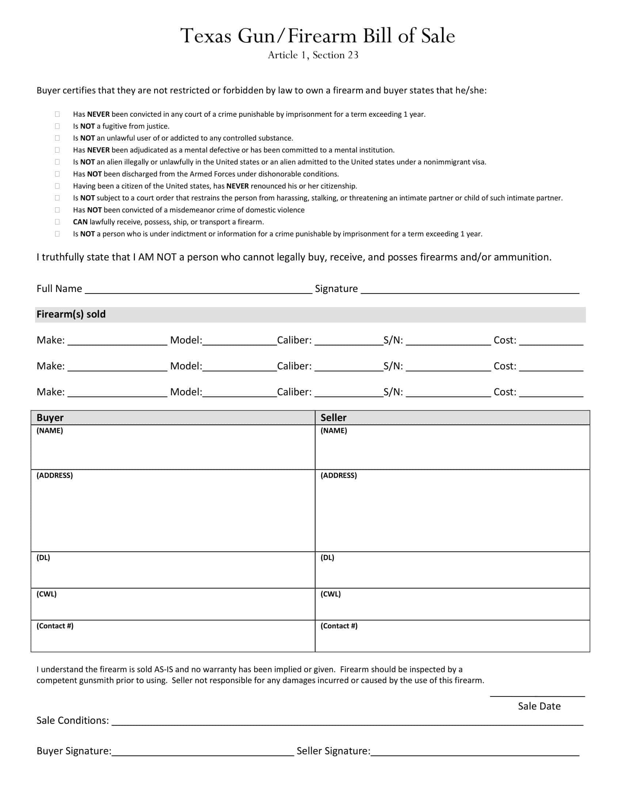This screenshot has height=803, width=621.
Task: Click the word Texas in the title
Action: coord(206,36)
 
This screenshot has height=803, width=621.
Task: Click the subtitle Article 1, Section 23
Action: coord(313,55)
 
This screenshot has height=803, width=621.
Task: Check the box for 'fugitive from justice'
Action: coord(57,126)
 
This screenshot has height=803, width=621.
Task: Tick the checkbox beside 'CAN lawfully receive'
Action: coord(57,222)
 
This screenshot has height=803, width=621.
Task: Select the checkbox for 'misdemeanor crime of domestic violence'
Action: coord(57,210)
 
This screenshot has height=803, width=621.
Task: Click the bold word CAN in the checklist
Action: coord(80,222)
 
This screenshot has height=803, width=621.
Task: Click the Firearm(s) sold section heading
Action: coord(71,314)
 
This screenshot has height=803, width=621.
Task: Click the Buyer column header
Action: coord(50,418)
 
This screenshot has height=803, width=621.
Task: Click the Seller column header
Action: coord(333,418)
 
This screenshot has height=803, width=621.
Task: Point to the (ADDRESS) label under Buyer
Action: coord(54,475)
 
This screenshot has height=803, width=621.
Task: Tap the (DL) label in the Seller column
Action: coord(327,557)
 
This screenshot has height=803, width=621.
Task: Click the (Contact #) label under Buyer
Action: coord(55,626)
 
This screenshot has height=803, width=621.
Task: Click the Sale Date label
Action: coord(539,706)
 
